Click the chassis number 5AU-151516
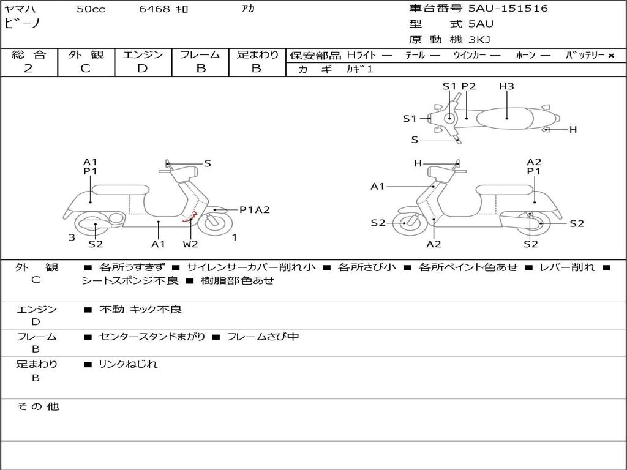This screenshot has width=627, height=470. tap(508, 9)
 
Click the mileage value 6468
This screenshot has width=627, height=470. tap(156, 9)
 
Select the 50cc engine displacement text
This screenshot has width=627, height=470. tap(91, 9)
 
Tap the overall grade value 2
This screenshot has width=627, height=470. tap(28, 69)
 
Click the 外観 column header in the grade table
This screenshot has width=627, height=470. tap(86, 55)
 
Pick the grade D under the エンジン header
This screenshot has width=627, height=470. tap(142, 69)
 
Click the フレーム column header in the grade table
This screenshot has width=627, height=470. tap(200, 55)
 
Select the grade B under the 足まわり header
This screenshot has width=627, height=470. tap(257, 69)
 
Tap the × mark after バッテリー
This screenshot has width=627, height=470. tap(610, 56)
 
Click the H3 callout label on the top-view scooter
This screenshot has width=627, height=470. tap(506, 86)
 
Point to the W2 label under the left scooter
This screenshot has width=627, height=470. tap(190, 244)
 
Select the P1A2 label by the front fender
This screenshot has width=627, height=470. tap(254, 210)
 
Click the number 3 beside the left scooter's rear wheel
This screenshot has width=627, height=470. tap(72, 237)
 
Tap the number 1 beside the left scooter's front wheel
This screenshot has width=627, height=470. tap(235, 237)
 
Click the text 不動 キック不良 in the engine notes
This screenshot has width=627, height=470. tap(140, 310)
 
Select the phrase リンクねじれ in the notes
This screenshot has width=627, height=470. tap(128, 364)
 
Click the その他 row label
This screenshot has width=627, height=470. tap(37, 406)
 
